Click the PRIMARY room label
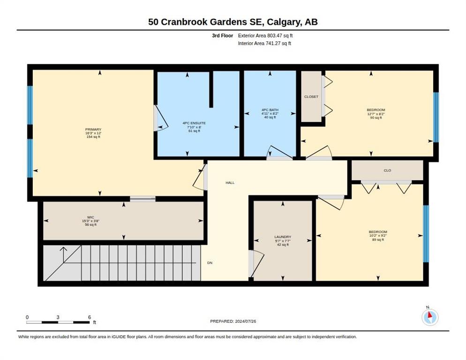click(x=93, y=129)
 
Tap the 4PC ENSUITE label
click(x=194, y=123)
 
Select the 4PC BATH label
click(x=270, y=110)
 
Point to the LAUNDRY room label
click(x=283, y=237)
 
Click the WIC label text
click(x=90, y=217)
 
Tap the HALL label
click(x=230, y=183)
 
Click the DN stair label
click(x=210, y=263)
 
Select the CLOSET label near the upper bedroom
click(x=311, y=97)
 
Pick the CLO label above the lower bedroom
click(x=387, y=170)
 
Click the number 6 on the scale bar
click(x=90, y=317)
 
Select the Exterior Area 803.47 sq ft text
click(x=265, y=36)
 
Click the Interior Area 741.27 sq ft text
click(x=264, y=44)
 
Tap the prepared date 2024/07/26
click(x=246, y=322)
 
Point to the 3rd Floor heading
click(x=222, y=36)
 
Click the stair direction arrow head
click(x=63, y=249)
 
